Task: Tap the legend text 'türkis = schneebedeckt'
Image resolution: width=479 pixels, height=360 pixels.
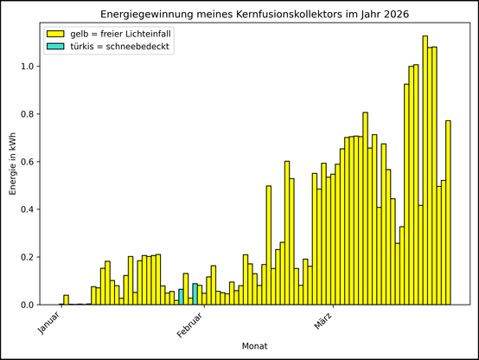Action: (119, 46)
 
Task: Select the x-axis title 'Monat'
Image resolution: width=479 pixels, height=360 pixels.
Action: (253, 346)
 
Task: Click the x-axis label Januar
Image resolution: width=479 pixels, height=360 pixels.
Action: (49, 321)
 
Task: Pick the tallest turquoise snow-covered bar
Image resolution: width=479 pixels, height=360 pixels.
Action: (195, 294)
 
